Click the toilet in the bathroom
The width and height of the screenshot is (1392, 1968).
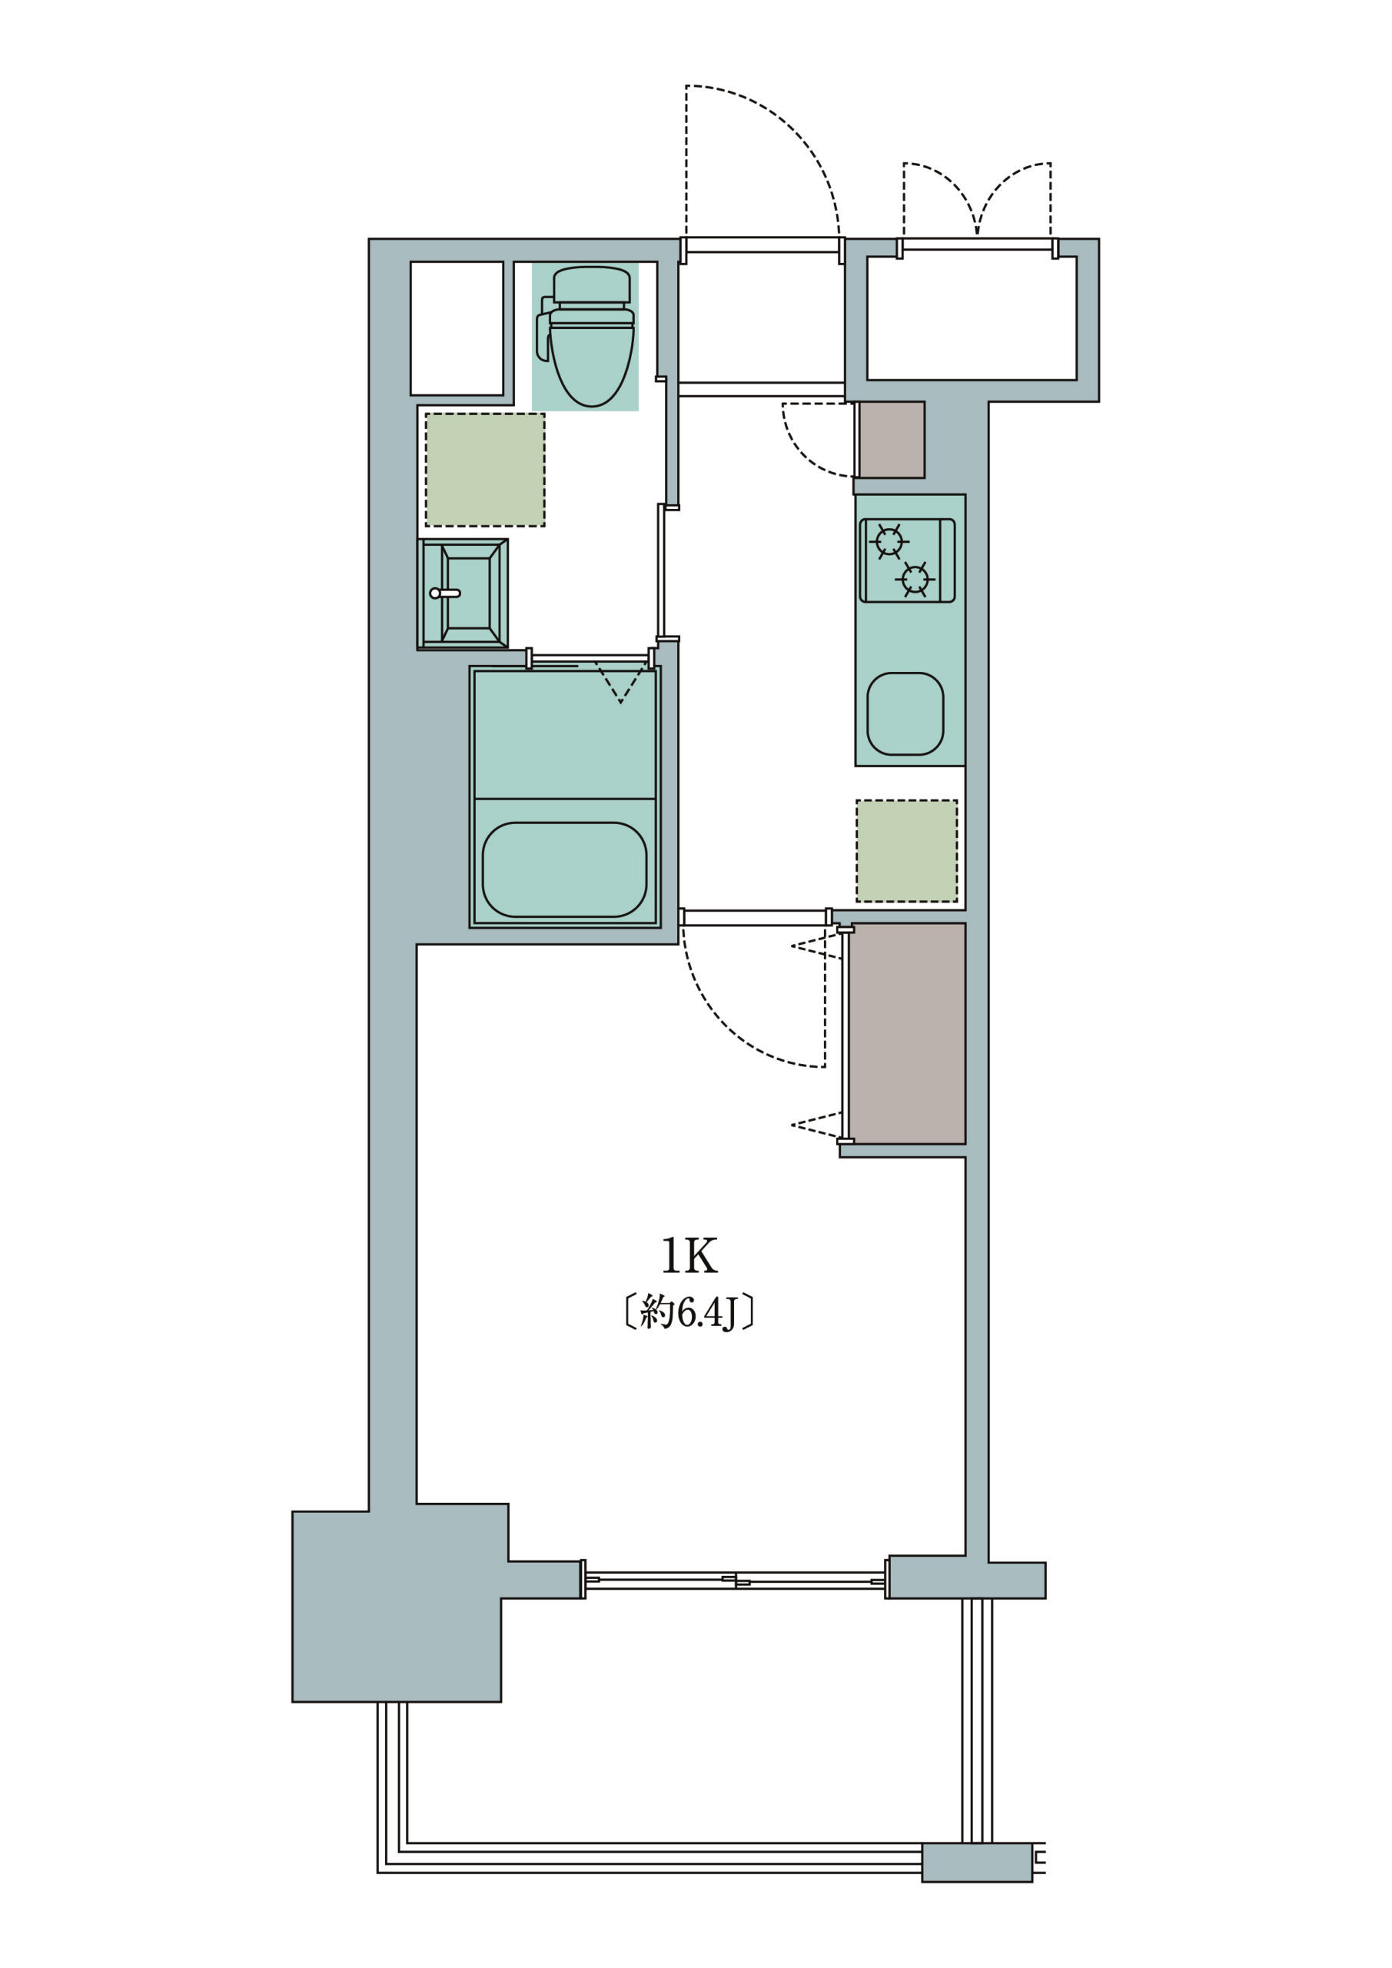(589, 336)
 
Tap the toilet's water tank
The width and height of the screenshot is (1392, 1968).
(591, 284)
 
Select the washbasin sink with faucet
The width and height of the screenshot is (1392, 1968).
(463, 593)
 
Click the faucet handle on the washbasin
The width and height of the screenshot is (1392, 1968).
(445, 593)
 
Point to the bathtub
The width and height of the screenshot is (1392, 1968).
(564, 870)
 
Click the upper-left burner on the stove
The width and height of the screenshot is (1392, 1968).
(889, 542)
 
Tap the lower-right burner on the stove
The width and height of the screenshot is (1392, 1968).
(915, 580)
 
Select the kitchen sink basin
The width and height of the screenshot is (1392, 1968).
(905, 714)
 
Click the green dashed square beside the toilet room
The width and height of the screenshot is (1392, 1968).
(485, 470)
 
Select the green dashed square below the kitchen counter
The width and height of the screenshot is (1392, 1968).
(907, 851)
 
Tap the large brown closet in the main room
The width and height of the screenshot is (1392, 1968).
(907, 1033)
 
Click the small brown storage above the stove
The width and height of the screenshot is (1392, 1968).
(892, 440)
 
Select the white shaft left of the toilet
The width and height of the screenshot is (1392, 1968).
(457, 328)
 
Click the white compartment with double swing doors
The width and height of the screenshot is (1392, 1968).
(972, 318)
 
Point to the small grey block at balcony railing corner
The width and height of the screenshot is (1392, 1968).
(977, 1887)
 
